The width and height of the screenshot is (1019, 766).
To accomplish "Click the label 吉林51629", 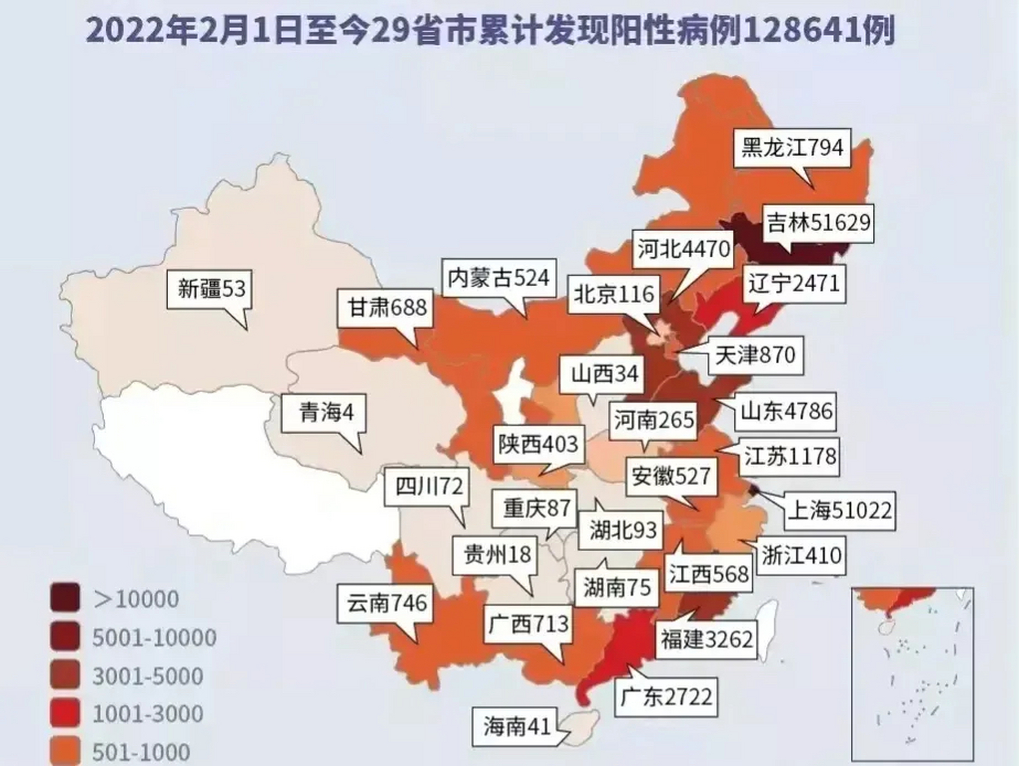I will pos(818,223).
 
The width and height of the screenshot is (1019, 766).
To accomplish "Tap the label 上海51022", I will pos(840,510).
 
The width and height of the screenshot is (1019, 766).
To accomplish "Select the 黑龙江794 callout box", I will pos(792,147).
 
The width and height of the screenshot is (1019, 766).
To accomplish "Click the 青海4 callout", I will pos(326,412).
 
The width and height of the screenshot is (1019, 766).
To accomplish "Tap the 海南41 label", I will pos(516,727).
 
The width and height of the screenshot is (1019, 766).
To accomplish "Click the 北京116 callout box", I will pos(614,294).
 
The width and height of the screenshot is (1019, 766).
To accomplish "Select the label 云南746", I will pos(386,603).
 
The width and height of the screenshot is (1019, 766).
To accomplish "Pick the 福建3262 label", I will pos(706,640).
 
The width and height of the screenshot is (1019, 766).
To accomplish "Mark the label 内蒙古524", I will pos(499,278).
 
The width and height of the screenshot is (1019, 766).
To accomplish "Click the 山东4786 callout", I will pos(786,412).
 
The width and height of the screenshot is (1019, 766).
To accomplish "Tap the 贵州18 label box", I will pos(497,555).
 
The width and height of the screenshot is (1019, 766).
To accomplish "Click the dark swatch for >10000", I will pos(65,598).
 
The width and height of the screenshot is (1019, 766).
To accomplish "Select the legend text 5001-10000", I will pos(154,638).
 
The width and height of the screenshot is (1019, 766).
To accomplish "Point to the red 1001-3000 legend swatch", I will pos(65,713).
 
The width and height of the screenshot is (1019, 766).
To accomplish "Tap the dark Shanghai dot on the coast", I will pos(754,491).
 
